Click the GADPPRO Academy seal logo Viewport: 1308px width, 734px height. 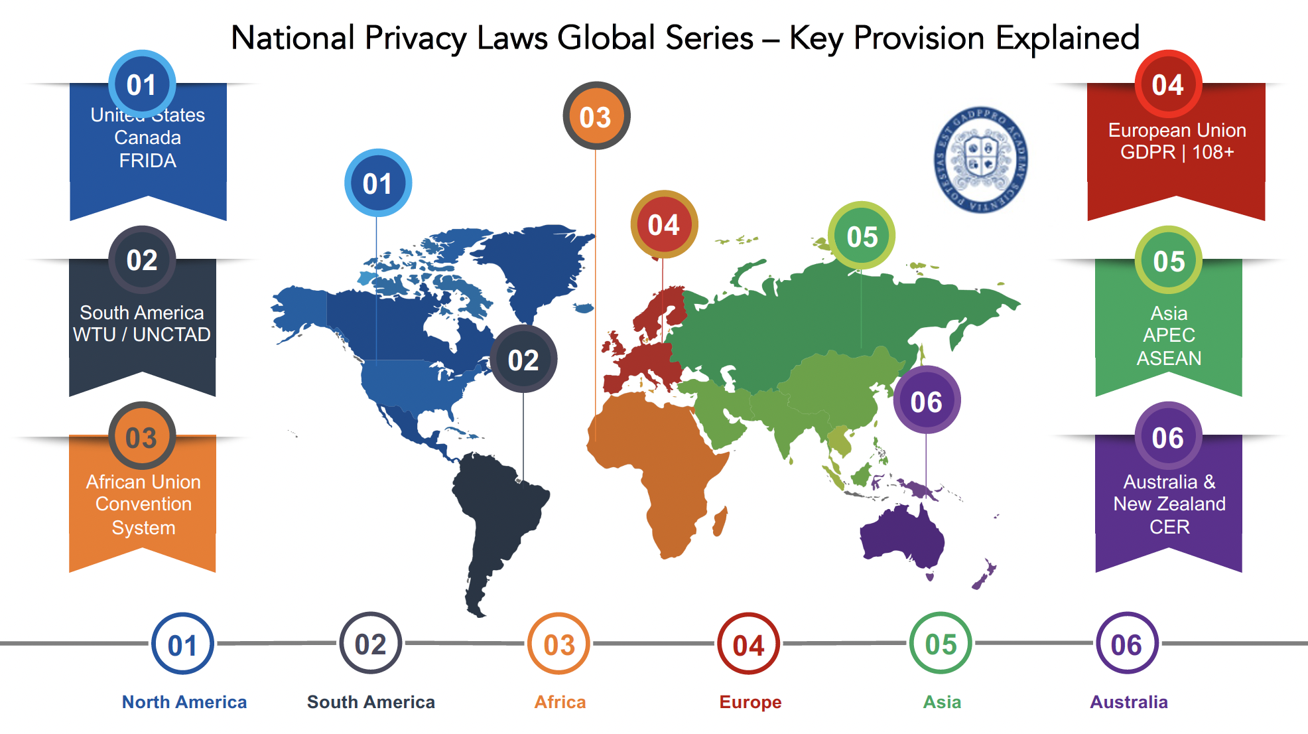981,159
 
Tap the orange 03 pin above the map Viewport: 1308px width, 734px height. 596,116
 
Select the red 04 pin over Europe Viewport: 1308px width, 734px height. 663,224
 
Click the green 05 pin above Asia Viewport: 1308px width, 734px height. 862,236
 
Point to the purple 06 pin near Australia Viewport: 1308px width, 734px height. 926,401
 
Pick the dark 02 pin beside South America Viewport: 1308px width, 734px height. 523,360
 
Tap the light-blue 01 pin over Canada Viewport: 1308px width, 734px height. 377,183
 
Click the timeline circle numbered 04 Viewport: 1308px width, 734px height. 748,644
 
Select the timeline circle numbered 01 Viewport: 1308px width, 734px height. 182,644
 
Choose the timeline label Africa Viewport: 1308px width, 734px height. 560,702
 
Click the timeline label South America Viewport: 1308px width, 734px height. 371,702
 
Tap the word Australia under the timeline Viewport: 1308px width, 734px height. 1128,702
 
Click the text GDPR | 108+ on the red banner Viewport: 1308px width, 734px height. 1177,153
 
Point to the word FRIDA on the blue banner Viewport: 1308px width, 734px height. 147,161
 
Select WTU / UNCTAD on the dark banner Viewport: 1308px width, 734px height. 142,334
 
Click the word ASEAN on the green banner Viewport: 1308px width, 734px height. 1169,358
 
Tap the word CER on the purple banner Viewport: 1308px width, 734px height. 1169,527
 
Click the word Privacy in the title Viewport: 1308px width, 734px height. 415,38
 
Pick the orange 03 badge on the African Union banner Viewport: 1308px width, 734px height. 141,437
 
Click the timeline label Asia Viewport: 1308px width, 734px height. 941,702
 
